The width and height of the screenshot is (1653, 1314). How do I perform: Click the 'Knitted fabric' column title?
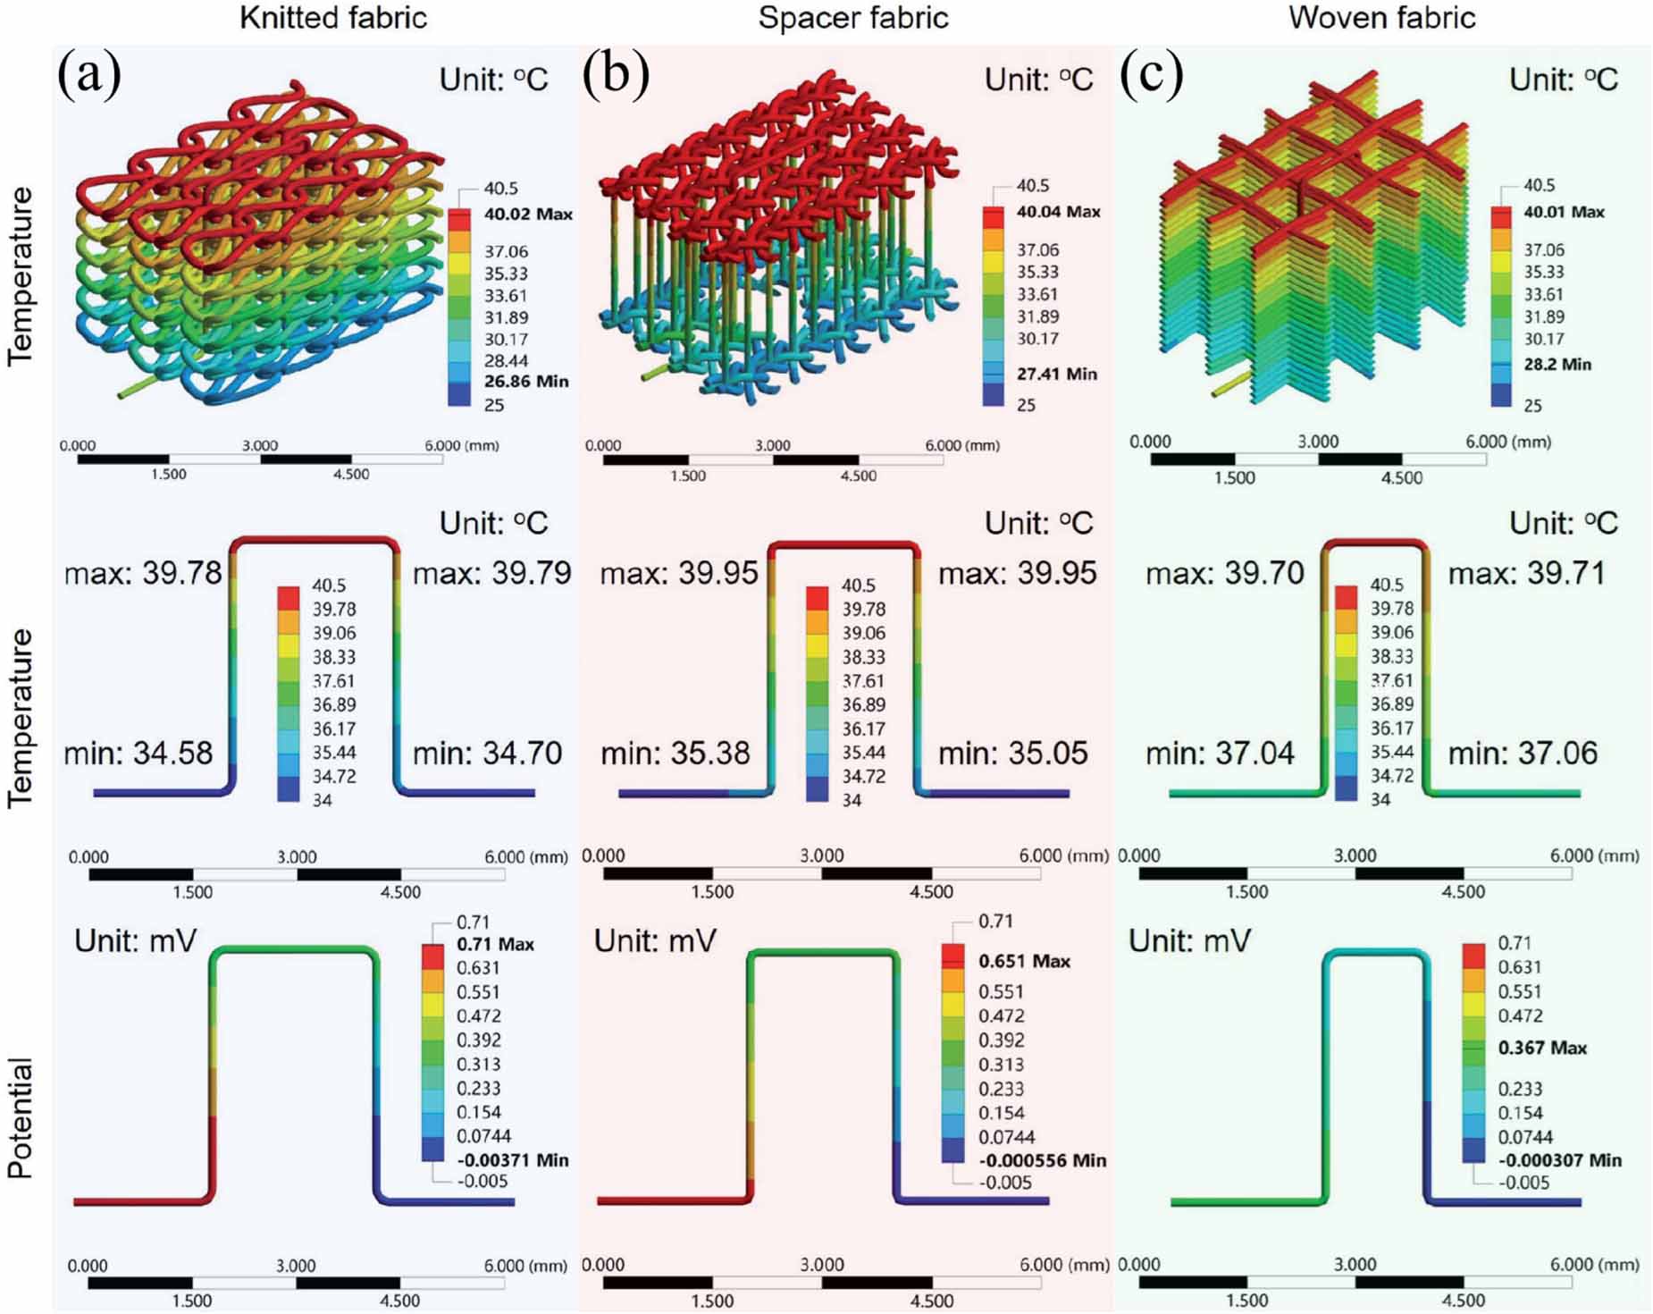tap(332, 18)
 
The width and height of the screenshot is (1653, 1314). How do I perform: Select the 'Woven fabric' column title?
tap(1381, 18)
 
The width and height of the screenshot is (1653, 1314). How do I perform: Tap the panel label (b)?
tap(615, 74)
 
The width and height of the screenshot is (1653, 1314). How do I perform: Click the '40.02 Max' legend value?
tap(528, 215)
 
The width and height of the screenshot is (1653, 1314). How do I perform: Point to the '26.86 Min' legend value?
tap(526, 382)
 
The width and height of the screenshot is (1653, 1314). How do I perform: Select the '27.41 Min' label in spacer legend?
tap(1056, 375)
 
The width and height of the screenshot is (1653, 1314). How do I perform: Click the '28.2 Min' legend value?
tap(1557, 365)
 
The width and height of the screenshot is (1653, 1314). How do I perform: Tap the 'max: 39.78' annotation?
tap(143, 573)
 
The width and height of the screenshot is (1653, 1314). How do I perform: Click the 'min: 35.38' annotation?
tap(675, 754)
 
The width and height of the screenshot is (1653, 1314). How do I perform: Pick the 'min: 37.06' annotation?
tap(1523, 754)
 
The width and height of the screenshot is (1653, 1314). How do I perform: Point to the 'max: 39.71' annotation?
tap(1526, 573)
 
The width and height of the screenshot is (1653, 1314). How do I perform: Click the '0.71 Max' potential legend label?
tap(495, 945)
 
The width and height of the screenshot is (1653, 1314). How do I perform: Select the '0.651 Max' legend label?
tap(1024, 962)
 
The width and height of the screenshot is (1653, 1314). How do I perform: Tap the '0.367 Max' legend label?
tap(1542, 1049)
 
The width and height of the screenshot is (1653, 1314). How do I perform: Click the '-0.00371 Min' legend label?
tap(512, 1160)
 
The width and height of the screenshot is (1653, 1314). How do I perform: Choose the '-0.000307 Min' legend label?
tap(1559, 1160)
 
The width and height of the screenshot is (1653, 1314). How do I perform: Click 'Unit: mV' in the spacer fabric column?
tap(655, 941)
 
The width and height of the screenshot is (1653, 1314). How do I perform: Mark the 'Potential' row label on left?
tap(20, 1117)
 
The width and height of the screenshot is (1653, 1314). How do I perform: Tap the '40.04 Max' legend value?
tap(1058, 213)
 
